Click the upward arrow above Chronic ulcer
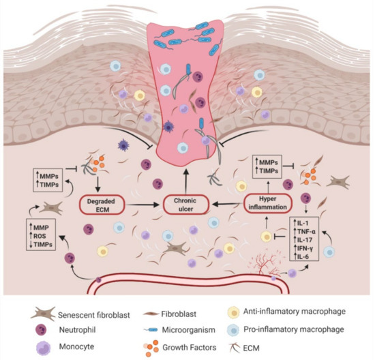(x=187, y=174)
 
